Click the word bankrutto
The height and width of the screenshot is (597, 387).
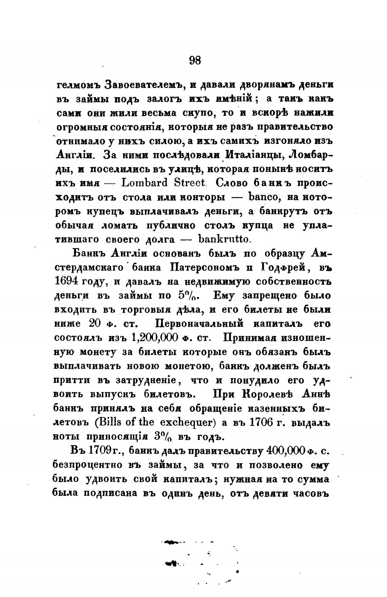click(x=223, y=239)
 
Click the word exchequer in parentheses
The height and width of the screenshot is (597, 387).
click(x=188, y=422)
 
